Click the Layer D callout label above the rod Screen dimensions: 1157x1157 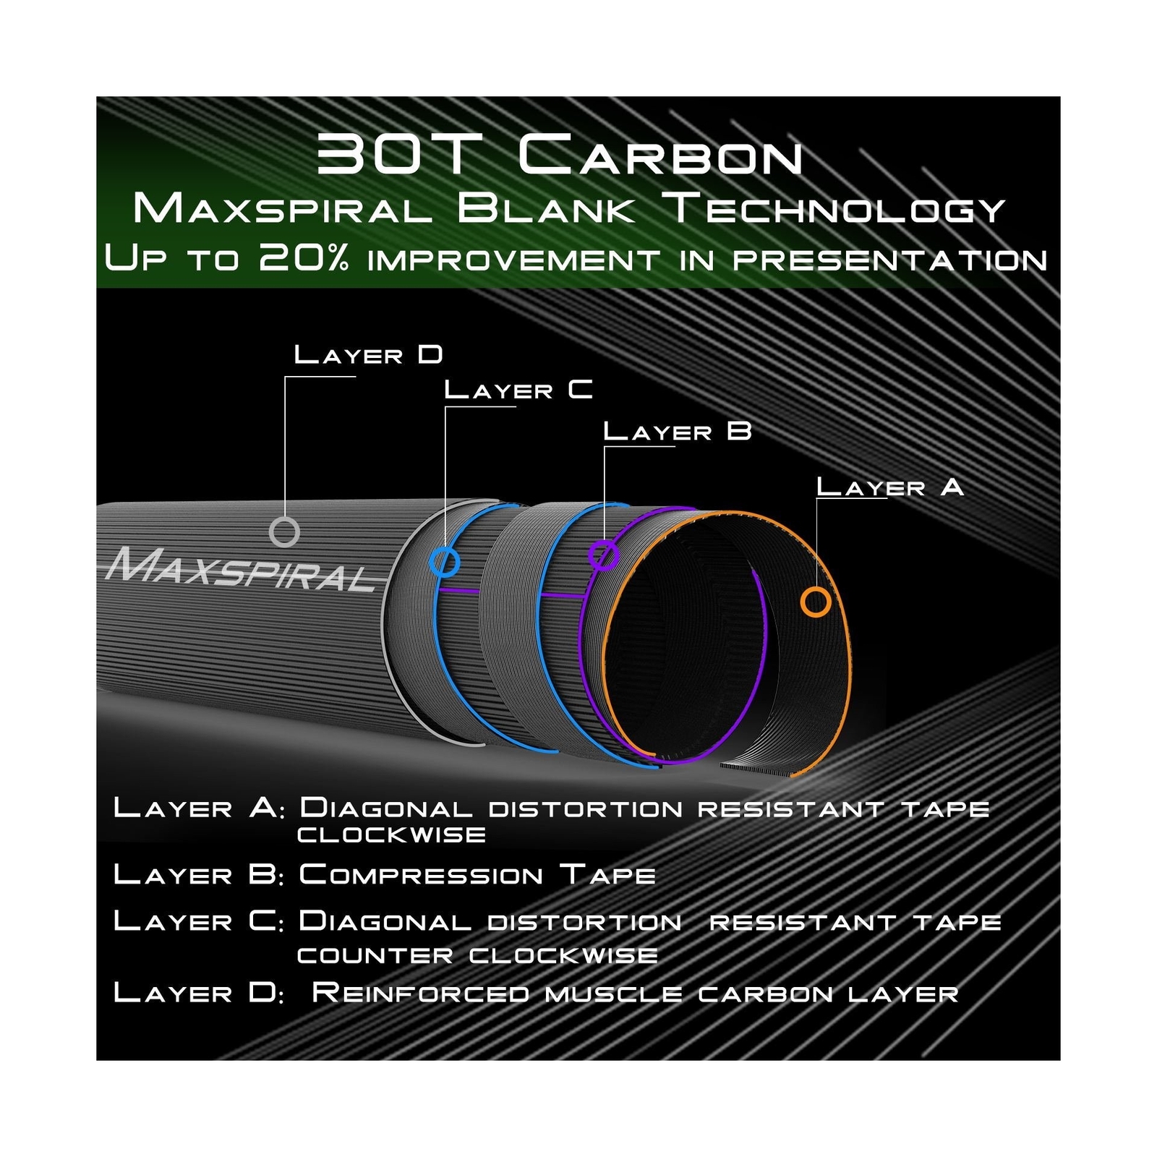(x=368, y=354)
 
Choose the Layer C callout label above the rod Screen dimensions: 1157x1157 (x=518, y=390)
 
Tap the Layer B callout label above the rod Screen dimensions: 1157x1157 (x=678, y=432)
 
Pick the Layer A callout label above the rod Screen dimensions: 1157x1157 (x=890, y=487)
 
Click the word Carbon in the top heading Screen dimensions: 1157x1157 (x=660, y=155)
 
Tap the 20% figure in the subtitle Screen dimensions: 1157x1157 (x=304, y=257)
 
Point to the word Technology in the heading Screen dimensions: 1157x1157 (x=837, y=209)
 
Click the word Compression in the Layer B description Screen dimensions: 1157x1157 (x=421, y=874)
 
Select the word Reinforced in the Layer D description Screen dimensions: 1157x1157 (x=420, y=992)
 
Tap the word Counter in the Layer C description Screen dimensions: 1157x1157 (x=375, y=955)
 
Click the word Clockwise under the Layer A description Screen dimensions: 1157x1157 (x=391, y=834)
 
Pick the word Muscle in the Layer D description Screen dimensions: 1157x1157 (x=613, y=994)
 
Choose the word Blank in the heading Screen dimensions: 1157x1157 (x=547, y=208)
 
